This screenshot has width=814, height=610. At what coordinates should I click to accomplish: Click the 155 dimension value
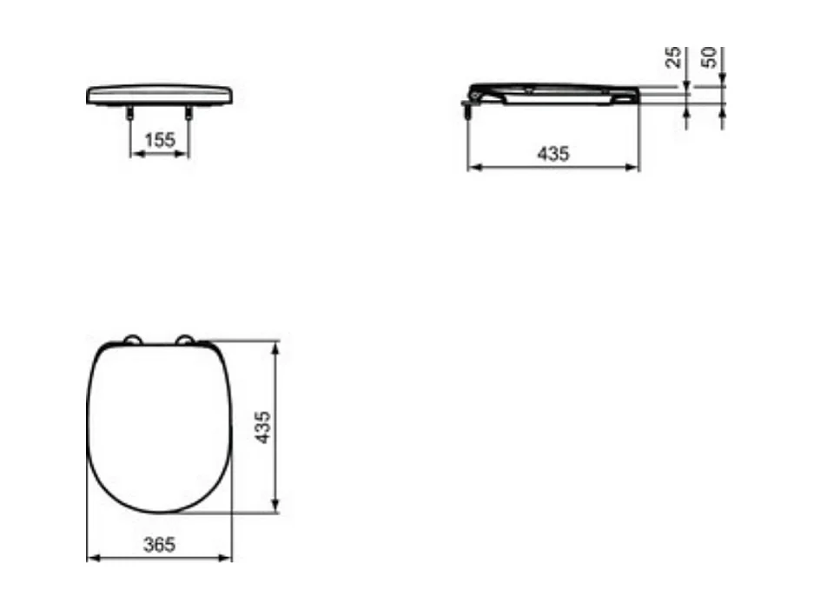pyautogui.click(x=160, y=139)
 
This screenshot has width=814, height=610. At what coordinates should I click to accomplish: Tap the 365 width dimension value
pyautogui.click(x=160, y=545)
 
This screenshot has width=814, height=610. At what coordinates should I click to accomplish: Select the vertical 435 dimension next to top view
pyautogui.click(x=263, y=428)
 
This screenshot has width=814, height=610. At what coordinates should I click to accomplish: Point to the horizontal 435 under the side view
pyautogui.click(x=553, y=154)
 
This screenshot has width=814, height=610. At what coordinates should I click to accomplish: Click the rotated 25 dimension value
pyautogui.click(x=673, y=58)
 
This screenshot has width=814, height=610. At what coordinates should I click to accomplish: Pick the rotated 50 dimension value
pyautogui.click(x=710, y=58)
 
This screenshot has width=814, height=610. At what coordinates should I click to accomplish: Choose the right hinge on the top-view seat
pyautogui.click(x=186, y=339)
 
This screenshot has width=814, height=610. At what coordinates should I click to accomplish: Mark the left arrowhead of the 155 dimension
pyautogui.click(x=134, y=154)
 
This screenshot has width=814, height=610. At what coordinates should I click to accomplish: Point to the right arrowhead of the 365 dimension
pyautogui.click(x=228, y=558)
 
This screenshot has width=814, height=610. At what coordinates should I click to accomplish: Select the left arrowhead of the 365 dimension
pyautogui.click(x=92, y=558)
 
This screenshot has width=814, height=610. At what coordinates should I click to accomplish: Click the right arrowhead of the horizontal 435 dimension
pyautogui.click(x=634, y=166)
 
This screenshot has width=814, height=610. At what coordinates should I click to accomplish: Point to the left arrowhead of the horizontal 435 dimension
pyautogui.click(x=473, y=166)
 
